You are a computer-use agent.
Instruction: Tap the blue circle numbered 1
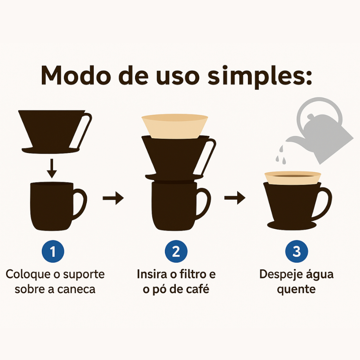pos(53,251)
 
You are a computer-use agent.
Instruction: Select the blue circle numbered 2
pos(176,251)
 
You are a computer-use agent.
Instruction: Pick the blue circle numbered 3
pos(297,251)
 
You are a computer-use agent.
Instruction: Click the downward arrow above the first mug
pos(52,168)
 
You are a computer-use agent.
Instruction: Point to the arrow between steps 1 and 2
pos(113,198)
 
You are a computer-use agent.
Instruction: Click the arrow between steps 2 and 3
pos(235,198)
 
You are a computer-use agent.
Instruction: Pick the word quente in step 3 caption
pos(296,289)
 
